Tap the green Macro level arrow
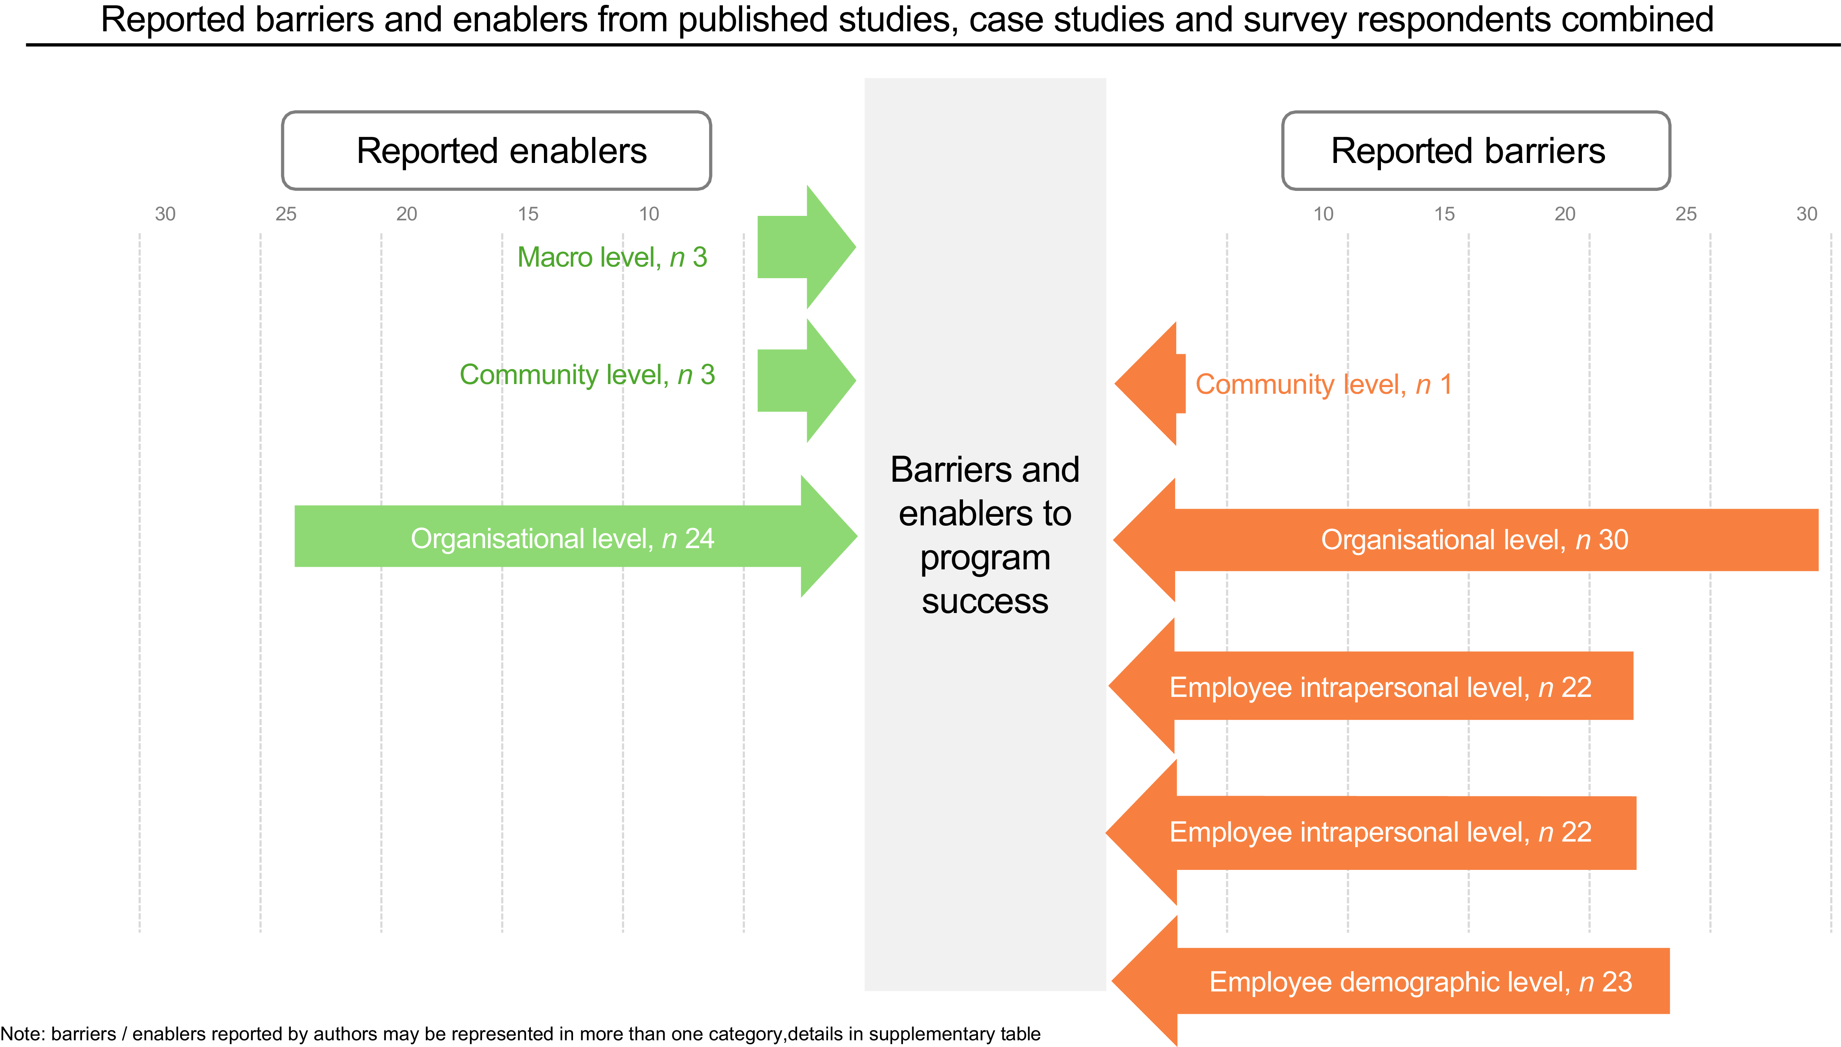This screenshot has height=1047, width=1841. point(806,247)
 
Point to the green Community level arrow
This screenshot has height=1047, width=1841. point(806,380)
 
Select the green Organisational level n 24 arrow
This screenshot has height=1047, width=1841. point(576,537)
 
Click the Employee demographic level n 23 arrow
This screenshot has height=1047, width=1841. point(1390,981)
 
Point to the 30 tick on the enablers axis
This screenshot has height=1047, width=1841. point(165,214)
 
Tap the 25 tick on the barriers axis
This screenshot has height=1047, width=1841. point(1686,214)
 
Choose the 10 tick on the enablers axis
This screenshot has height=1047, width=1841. point(648,214)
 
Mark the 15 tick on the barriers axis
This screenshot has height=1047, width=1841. point(1444,214)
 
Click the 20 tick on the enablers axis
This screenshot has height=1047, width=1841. point(407,214)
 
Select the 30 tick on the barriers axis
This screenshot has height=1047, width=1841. point(1806,214)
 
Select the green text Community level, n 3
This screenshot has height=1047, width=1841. point(587,375)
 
